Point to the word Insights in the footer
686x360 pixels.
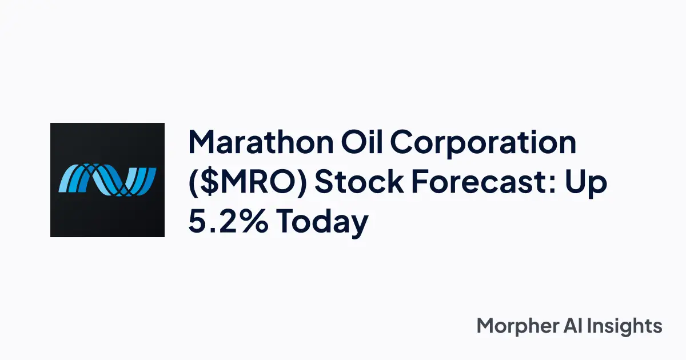click(x=628, y=327)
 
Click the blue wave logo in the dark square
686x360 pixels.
click(x=107, y=179)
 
